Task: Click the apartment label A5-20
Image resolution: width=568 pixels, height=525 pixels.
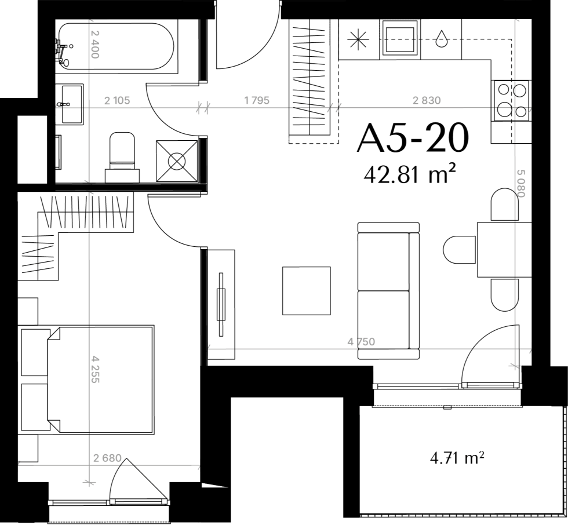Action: click(x=413, y=138)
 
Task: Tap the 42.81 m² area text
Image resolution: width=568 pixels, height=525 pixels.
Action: click(x=409, y=175)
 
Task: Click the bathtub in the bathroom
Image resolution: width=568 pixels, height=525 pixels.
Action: click(x=115, y=46)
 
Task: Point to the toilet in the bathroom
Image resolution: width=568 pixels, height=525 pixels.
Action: click(x=122, y=157)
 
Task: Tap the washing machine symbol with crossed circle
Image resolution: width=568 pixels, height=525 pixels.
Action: click(x=177, y=161)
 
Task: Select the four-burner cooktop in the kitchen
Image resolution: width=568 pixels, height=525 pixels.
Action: click(x=511, y=100)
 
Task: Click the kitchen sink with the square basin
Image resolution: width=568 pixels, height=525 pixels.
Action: click(x=400, y=39)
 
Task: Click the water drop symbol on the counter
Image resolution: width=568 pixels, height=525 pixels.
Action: click(x=441, y=38)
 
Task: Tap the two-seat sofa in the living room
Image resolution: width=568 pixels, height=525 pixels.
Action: click(x=388, y=291)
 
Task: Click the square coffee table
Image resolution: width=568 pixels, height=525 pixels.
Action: click(x=307, y=291)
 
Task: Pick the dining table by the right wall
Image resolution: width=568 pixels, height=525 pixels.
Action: click(x=504, y=250)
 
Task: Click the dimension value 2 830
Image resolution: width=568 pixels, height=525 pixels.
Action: click(x=427, y=100)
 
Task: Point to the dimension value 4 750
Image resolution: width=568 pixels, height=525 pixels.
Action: click(x=361, y=341)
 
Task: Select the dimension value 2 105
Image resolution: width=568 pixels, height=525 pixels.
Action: click(x=116, y=100)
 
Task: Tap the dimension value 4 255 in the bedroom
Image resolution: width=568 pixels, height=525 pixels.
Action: click(x=95, y=369)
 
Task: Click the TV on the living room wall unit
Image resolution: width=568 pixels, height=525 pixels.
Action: click(x=221, y=304)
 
